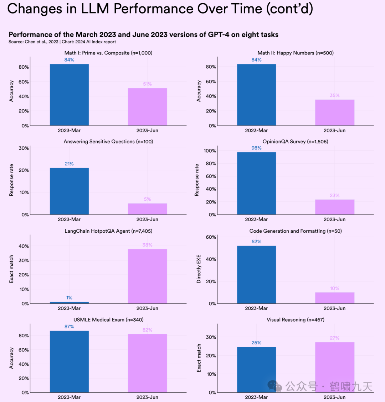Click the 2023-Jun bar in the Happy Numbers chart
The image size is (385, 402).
click(334, 112)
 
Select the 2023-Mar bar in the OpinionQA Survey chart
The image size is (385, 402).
click(256, 183)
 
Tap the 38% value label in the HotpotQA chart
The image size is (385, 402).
click(147, 245)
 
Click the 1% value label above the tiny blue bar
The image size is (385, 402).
click(69, 298)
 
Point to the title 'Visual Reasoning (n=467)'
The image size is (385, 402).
click(296, 320)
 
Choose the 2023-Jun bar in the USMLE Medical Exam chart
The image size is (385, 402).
click(147, 363)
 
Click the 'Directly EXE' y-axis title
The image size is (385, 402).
click(199, 269)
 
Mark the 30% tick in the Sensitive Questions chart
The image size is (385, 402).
click(24, 148)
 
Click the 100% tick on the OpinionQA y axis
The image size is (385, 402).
click(210, 151)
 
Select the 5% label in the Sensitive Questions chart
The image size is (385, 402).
click(147, 199)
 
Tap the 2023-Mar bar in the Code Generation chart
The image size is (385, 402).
click(256, 274)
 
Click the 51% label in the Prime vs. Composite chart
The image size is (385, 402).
click(147, 84)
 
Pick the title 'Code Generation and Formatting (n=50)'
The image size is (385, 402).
click(296, 231)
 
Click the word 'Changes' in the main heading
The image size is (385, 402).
click(34, 9)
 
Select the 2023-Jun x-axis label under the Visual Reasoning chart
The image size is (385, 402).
click(334, 397)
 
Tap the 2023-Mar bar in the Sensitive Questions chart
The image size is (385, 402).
click(69, 191)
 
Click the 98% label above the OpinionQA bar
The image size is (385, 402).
click(256, 148)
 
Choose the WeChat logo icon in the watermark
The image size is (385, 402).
click(275, 386)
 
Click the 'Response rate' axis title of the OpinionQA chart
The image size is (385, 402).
click(197, 180)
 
